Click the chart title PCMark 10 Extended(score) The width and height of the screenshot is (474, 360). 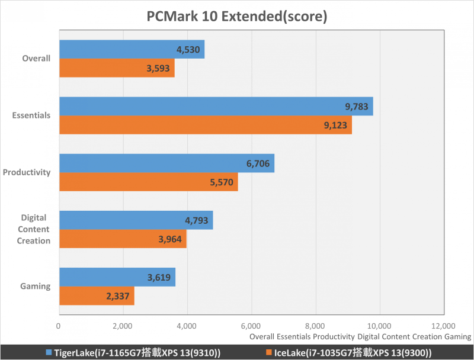click(x=237, y=16)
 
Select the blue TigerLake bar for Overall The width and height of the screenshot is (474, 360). click(x=132, y=49)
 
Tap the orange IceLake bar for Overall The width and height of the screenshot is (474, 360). click(x=117, y=67)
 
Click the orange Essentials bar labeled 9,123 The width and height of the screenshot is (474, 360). click(x=205, y=124)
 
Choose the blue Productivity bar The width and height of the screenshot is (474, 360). click(x=166, y=163)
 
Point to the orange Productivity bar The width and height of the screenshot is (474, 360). click(x=148, y=181)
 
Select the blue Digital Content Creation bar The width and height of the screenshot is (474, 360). click(x=136, y=220)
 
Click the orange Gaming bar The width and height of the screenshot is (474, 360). click(x=97, y=296)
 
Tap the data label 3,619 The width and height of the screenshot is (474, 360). click(x=159, y=277)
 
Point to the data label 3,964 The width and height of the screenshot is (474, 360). click(x=171, y=239)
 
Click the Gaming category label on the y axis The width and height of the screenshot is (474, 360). click(x=36, y=287)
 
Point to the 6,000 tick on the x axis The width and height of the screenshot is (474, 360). click(x=251, y=326)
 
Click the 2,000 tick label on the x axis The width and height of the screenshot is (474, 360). click(x=123, y=326)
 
